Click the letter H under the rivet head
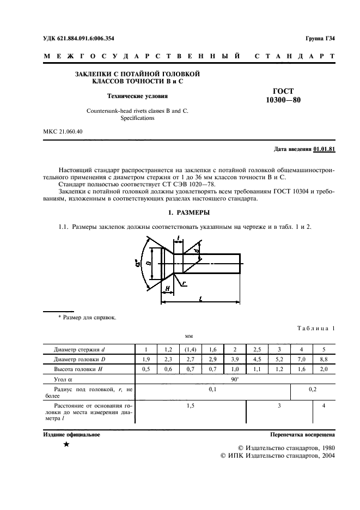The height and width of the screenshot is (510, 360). [x=167, y=288]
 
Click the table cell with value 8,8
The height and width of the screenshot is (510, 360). [x=324, y=359]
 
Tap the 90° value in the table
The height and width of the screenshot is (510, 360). [x=235, y=380]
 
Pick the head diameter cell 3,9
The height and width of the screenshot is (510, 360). [x=235, y=359]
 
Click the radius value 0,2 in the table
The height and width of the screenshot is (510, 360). [x=313, y=390]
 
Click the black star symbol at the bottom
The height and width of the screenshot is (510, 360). [x=66, y=446]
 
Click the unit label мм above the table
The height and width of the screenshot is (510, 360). [x=190, y=337]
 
